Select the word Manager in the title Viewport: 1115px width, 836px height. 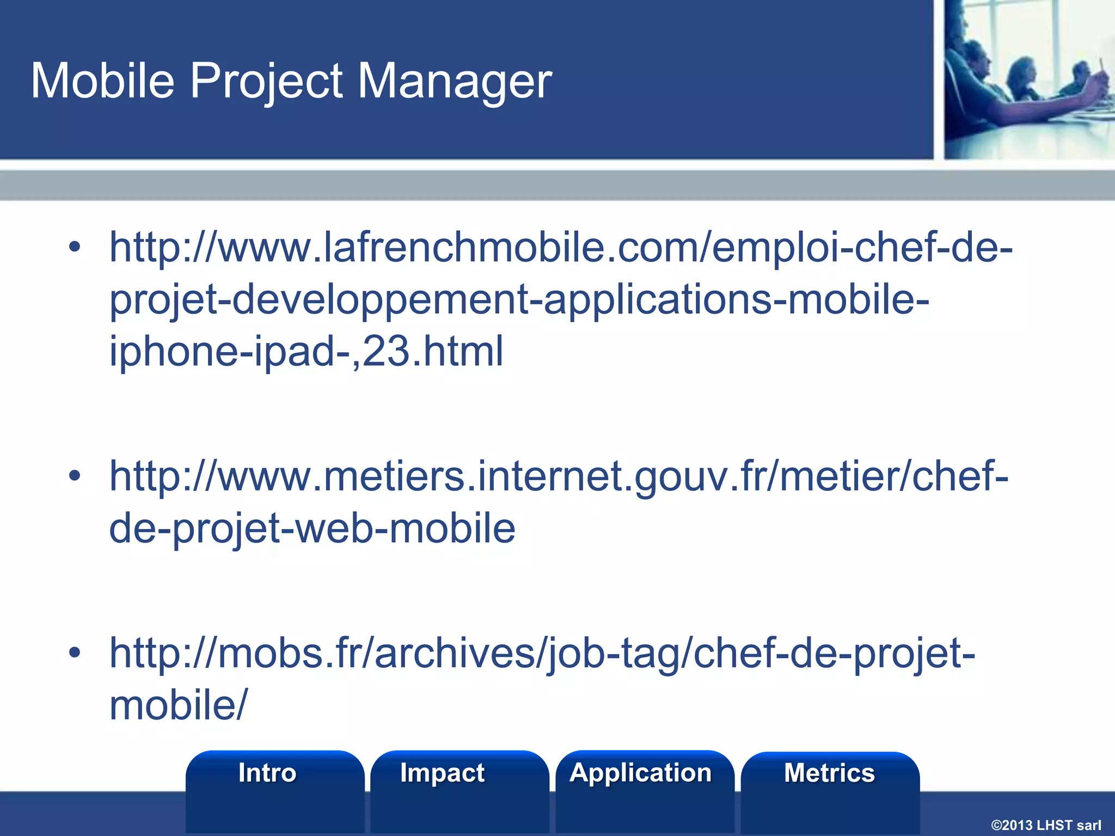(455, 82)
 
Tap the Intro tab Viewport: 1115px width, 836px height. (267, 773)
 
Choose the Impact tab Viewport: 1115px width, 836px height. (442, 773)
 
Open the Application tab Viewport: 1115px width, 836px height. (640, 773)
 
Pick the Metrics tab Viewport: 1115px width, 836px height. (829, 773)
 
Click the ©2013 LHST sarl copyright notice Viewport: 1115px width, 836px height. (1046, 825)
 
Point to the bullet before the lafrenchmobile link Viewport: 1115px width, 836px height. (75, 248)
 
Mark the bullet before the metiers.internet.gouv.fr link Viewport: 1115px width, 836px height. (75, 477)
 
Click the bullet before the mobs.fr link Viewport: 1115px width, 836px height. (75, 653)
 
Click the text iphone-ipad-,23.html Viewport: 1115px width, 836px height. (307, 351)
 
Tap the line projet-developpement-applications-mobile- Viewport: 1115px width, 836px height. (519, 299)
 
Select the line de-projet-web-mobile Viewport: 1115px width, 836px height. (312, 528)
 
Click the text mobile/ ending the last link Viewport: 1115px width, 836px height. (179, 704)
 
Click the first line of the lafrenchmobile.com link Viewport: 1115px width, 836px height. (561, 248)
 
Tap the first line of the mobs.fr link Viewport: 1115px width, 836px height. (542, 653)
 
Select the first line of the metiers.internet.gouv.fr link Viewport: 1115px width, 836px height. (559, 477)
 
